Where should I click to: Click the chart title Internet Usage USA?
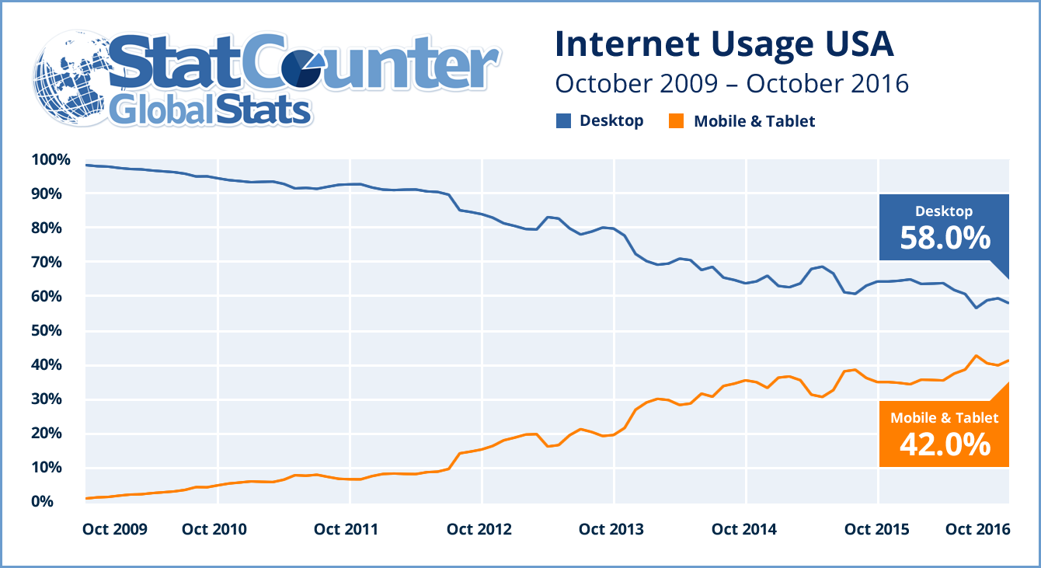(x=724, y=45)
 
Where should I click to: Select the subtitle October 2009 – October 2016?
(x=732, y=83)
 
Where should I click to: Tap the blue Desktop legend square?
(x=563, y=120)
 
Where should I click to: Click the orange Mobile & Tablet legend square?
(x=676, y=121)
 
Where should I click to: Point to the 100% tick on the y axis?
(x=51, y=160)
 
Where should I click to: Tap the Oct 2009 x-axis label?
(x=114, y=529)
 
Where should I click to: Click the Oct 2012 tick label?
(x=479, y=529)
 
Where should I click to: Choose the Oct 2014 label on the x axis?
(x=744, y=529)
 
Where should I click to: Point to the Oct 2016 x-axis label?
(x=978, y=529)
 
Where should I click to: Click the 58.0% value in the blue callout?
(x=945, y=239)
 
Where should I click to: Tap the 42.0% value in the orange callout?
(x=945, y=444)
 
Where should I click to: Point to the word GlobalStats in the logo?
(x=210, y=110)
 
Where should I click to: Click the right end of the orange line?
(x=1008, y=361)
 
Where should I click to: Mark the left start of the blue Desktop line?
(x=86, y=165)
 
